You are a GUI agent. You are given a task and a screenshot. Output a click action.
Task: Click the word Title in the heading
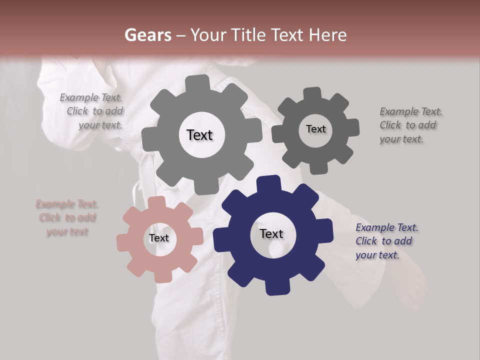tap(248, 35)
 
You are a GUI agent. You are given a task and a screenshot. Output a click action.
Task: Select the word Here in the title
tap(328, 35)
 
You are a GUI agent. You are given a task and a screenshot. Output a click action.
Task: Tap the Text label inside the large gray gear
tap(199, 135)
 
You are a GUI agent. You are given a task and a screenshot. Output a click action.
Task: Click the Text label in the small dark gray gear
tap(315, 129)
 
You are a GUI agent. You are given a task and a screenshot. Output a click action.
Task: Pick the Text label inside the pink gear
tap(159, 238)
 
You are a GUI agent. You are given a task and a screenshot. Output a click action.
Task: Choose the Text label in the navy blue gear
tap(271, 234)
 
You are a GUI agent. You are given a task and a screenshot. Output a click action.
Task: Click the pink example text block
tap(67, 218)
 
